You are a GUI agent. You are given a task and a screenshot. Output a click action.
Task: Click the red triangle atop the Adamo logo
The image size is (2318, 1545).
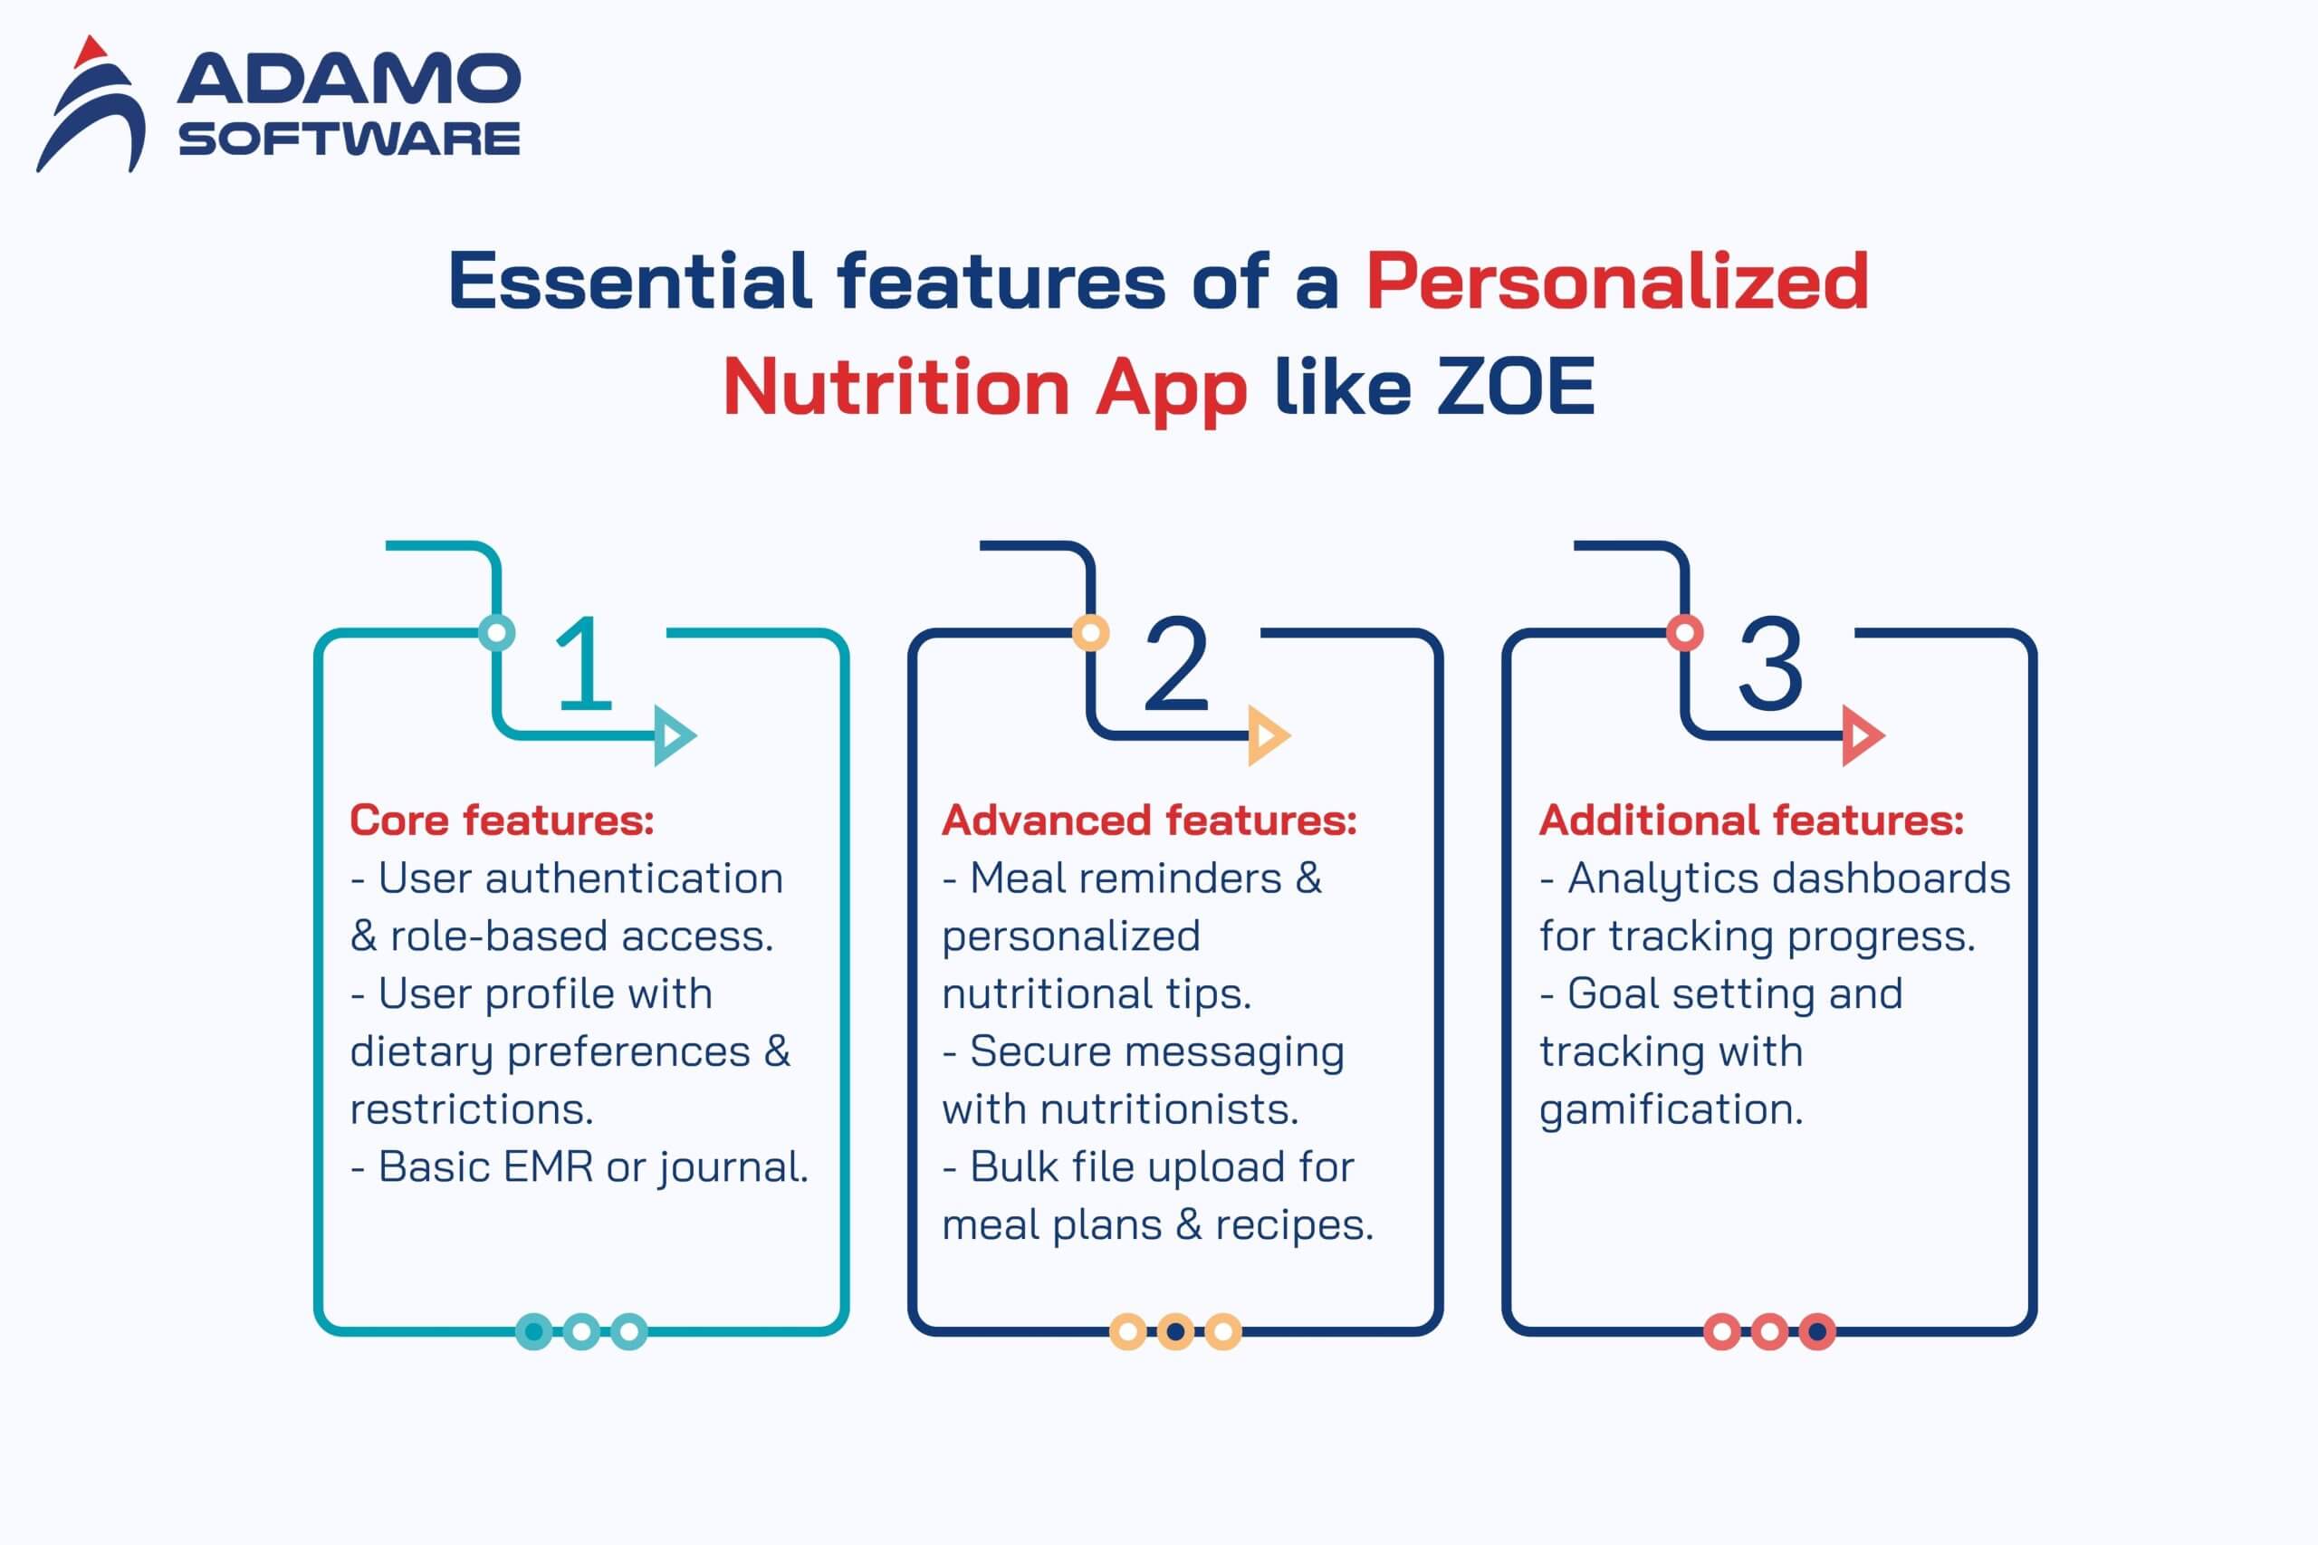pyautogui.click(x=91, y=53)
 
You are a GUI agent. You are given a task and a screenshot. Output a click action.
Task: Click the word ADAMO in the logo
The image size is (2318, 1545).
pyautogui.click(x=349, y=79)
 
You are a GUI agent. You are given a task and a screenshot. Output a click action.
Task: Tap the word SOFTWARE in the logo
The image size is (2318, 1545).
pyautogui.click(x=349, y=139)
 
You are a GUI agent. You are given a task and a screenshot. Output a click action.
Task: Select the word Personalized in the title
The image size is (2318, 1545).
pyautogui.click(x=1616, y=283)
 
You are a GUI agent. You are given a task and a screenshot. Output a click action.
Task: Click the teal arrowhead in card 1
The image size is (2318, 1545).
pyautogui.click(x=674, y=735)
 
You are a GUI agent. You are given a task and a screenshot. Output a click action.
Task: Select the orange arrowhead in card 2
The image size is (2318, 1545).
pyautogui.click(x=1268, y=735)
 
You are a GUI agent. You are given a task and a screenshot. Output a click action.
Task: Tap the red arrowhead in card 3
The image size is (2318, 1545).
pyautogui.click(x=1862, y=735)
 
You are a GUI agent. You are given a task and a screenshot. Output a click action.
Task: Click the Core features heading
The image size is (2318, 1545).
pyautogui.click(x=502, y=820)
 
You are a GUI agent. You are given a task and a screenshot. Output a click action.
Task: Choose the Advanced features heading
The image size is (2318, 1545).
pyautogui.click(x=1149, y=820)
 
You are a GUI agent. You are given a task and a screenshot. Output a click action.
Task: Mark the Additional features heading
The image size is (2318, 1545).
pyautogui.click(x=1751, y=820)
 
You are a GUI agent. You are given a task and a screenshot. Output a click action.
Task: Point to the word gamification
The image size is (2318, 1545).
pyautogui.click(x=1671, y=1109)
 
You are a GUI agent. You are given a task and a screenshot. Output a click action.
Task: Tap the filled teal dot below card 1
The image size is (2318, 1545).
pyautogui.click(x=534, y=1332)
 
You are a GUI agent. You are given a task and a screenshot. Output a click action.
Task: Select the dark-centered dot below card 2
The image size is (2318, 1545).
pyautogui.click(x=1175, y=1332)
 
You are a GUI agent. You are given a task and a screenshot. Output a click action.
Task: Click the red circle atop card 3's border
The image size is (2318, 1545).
pyautogui.click(x=1684, y=633)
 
